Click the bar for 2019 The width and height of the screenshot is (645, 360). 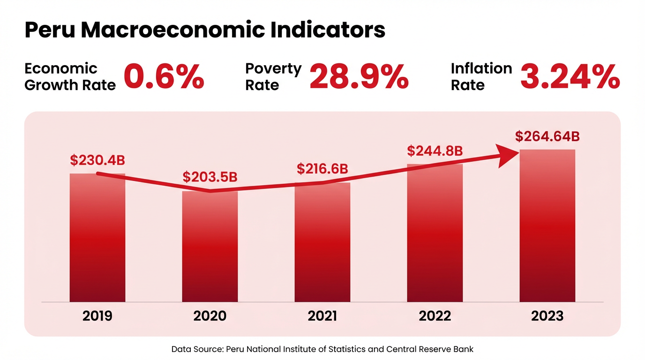[x=97, y=239]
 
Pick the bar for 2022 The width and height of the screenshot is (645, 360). [x=435, y=234]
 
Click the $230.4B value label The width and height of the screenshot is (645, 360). [x=97, y=160]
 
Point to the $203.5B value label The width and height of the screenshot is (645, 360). [x=210, y=177]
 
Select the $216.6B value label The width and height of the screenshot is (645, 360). [x=322, y=169]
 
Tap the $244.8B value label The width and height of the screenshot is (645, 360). [x=435, y=151]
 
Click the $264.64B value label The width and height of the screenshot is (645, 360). [x=547, y=136]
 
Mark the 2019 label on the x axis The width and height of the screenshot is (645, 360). [x=97, y=316]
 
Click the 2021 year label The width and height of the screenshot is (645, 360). [x=322, y=316]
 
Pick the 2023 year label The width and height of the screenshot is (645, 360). [x=547, y=316]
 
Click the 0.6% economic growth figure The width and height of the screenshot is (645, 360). [x=164, y=77]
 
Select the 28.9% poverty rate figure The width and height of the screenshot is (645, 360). [x=359, y=77]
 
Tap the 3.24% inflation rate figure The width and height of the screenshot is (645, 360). [x=570, y=77]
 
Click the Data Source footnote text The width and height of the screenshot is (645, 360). [x=322, y=349]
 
